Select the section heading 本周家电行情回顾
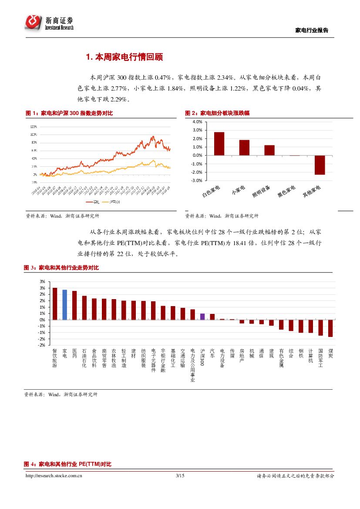click(x=124, y=57)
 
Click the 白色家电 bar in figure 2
click(x=219, y=143)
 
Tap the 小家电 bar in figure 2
click(x=244, y=148)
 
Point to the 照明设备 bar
click(x=269, y=150)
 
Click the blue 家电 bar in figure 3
click(x=64, y=304)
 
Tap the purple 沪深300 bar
click(x=202, y=317)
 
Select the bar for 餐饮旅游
click(x=55, y=303)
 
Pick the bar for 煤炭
click(x=330, y=328)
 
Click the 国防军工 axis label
click(x=320, y=358)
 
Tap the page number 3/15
click(x=180, y=476)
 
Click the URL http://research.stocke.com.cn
click(x=54, y=476)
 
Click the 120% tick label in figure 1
click(x=33, y=126)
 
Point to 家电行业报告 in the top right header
click(x=312, y=30)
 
